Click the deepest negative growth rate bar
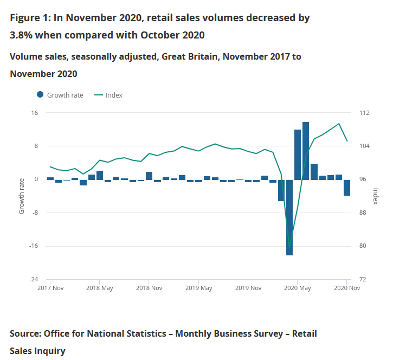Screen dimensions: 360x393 [289, 217]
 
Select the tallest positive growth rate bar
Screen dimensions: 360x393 [306, 151]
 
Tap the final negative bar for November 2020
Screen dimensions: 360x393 [347, 187]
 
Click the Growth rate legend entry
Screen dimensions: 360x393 [60, 95]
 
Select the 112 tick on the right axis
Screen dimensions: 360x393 [364, 113]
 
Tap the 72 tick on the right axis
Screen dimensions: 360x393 [362, 279]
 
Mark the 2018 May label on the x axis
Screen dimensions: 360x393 [99, 288]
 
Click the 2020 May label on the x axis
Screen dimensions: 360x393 [297, 288]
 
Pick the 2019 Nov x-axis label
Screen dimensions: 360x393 [248, 288]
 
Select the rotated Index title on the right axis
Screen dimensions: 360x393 [375, 196]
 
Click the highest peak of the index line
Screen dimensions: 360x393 [339, 124]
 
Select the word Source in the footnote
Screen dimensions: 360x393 [24, 333]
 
